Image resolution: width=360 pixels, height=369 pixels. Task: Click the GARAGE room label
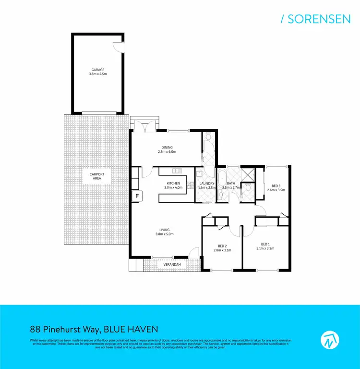(98, 70)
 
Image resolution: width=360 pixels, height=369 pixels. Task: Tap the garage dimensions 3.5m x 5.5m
(98, 74)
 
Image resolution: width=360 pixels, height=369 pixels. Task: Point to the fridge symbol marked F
(136, 196)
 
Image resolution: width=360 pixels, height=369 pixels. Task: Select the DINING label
(167, 148)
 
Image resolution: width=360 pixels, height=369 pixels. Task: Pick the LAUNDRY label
(206, 184)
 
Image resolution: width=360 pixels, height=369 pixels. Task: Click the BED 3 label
(276, 186)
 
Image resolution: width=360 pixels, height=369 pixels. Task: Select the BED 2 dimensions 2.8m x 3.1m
(222, 250)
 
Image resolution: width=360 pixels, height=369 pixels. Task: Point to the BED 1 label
(266, 244)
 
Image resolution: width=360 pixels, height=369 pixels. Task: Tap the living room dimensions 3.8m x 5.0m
(165, 234)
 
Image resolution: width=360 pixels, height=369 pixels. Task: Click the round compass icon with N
(329, 339)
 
